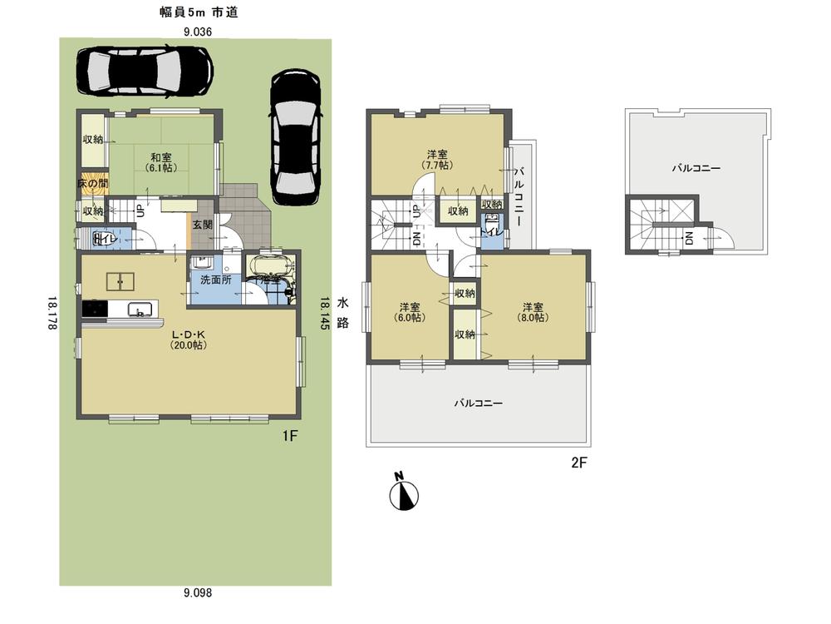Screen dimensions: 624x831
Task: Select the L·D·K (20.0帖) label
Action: coord(189,340)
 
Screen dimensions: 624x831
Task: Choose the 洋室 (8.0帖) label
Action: coord(533,311)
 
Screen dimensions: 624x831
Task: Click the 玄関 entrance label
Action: coord(202,224)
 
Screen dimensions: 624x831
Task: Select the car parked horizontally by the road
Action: coord(144,71)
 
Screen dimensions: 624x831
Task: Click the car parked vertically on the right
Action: coord(295,136)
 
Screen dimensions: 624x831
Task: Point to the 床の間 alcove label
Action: coord(92,182)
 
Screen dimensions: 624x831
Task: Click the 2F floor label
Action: coord(579,463)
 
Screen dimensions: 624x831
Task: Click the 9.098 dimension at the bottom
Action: coord(198,592)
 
